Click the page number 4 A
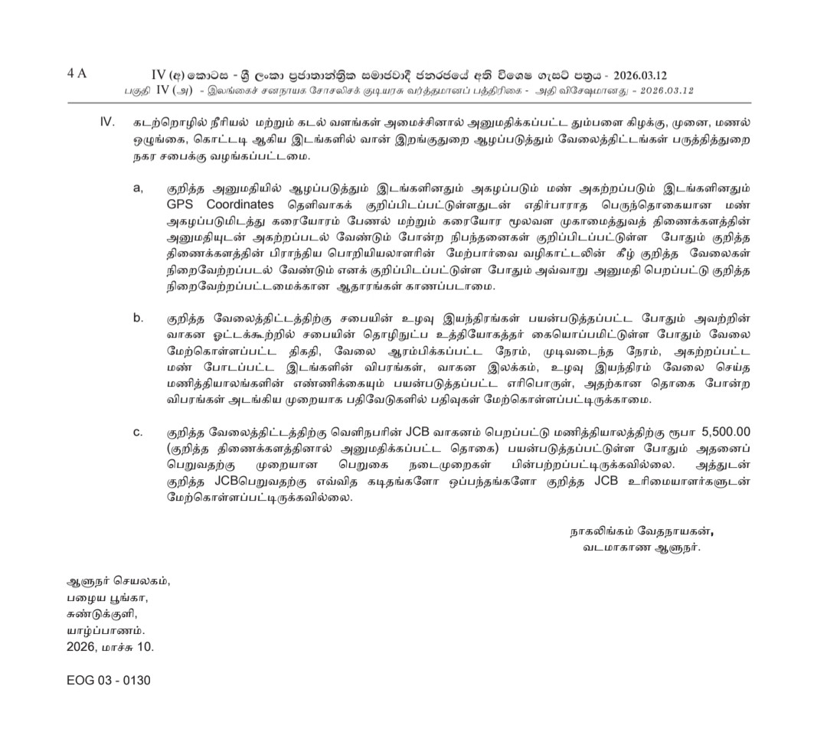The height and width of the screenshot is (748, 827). pos(77,73)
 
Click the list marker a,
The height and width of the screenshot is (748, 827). pos(139,188)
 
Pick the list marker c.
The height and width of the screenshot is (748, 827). pos(139,432)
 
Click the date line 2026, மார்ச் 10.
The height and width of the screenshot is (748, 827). pos(110,646)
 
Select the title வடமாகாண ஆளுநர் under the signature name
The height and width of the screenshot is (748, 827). pos(641,547)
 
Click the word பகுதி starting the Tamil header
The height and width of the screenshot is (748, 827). pos(138,90)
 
